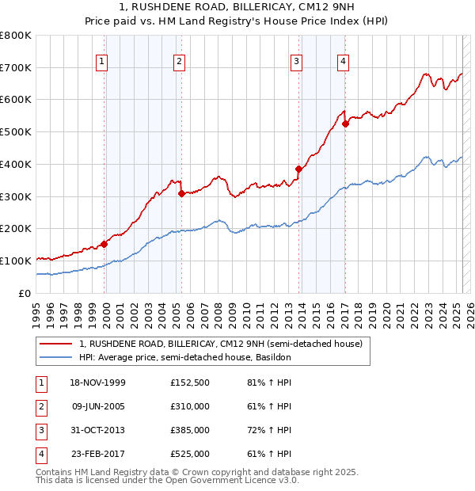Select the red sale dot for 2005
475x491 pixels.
pos(181,192)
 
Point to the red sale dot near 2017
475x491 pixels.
pos(345,124)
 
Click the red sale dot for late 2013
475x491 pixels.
pos(298,169)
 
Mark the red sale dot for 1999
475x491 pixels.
pos(104,244)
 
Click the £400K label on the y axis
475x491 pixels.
pos(16,164)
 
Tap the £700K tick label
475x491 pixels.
pos(16,67)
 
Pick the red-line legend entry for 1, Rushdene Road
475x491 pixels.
pos(220,344)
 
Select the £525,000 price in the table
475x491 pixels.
pos(190,454)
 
